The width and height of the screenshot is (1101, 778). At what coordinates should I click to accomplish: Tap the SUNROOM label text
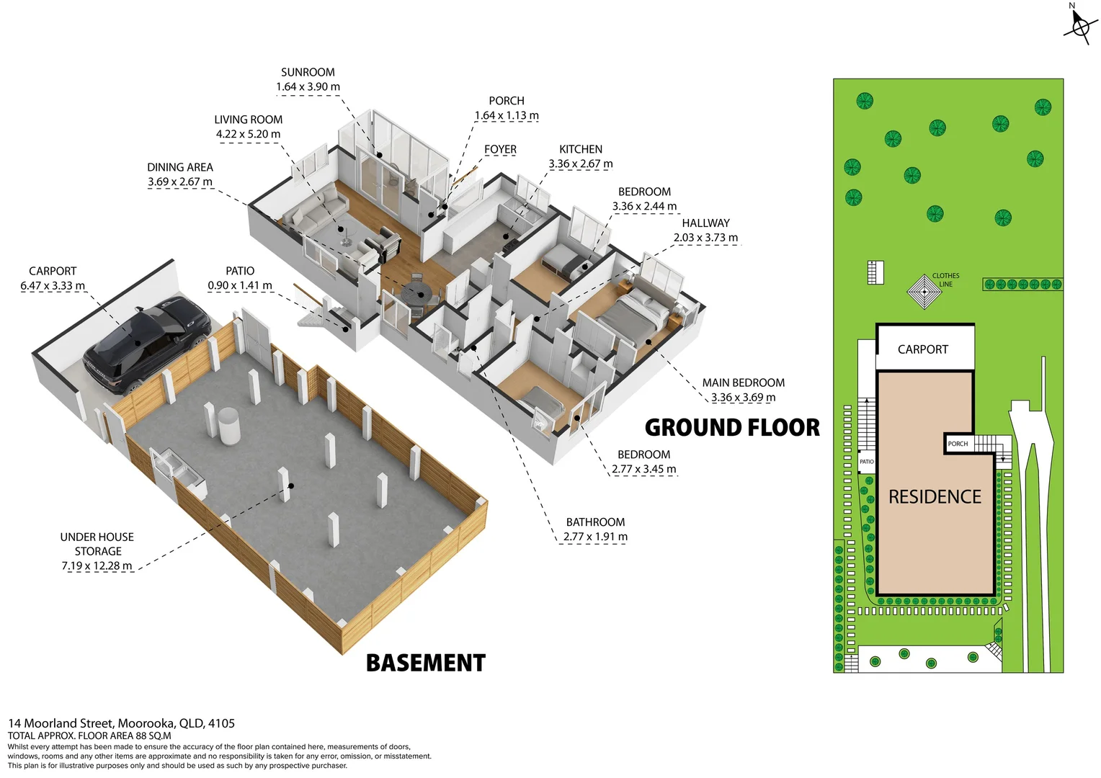pos(308,72)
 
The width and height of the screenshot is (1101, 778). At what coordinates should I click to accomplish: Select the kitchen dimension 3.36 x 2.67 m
pos(581,164)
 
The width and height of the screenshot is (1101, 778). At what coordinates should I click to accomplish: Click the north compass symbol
pos(1079,27)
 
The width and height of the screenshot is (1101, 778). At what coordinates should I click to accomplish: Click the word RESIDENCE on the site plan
pos(935,497)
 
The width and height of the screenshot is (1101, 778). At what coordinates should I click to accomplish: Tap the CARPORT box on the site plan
pos(923,349)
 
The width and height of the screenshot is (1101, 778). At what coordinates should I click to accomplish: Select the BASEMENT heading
pos(426,663)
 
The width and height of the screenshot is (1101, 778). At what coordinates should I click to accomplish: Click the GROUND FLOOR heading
pos(732,428)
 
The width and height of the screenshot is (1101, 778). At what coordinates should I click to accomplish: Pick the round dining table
pos(418,292)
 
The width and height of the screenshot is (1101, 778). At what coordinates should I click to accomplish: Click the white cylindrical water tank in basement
pos(229,426)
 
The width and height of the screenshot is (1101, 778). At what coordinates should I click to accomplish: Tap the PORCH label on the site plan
pos(958,444)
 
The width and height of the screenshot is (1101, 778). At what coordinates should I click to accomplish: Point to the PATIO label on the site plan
pos(867,462)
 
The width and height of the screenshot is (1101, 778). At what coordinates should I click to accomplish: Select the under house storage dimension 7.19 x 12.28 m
pos(97,566)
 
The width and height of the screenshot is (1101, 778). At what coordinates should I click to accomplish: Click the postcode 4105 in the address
pos(222,723)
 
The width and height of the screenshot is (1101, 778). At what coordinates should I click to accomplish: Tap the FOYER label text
pos(500,149)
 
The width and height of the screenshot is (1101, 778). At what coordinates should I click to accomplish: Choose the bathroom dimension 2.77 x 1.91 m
pos(595,537)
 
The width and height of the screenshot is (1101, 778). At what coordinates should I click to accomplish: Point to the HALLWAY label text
pos(705,223)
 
